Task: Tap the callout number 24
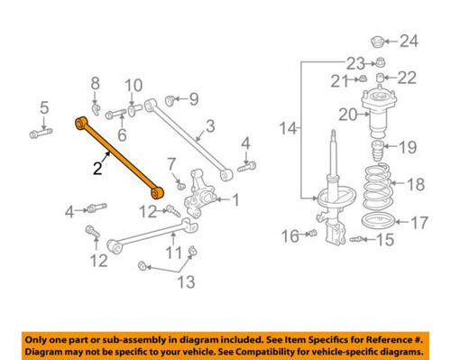[x=410, y=41]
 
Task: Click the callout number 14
[x=287, y=130]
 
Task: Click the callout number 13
[x=184, y=283]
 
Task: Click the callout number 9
[x=193, y=97]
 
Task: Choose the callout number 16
[x=289, y=236]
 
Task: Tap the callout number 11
[x=171, y=251]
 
